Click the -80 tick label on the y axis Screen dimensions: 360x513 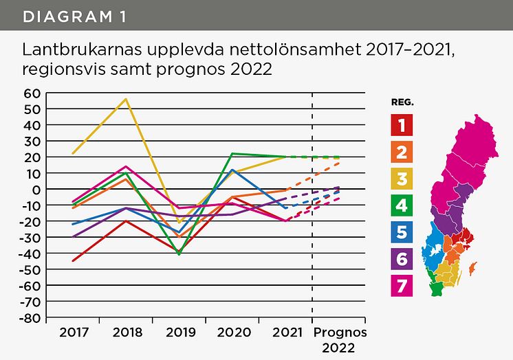[30, 318]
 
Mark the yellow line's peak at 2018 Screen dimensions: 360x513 [126, 99]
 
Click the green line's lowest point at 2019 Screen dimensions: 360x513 [179, 254]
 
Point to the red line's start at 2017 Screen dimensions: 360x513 [73, 261]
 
